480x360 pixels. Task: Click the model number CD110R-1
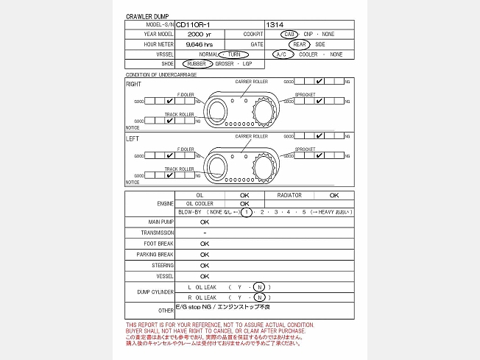[x=193, y=24]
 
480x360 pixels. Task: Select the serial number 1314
[x=275, y=24]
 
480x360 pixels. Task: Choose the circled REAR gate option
[x=300, y=44]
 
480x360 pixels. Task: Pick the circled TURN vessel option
[x=233, y=54]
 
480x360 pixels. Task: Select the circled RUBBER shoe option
[x=197, y=64]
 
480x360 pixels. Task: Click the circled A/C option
[x=283, y=54]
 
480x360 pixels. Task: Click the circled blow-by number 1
[x=248, y=212]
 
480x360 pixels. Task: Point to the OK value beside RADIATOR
[x=333, y=195]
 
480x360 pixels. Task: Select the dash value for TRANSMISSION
[x=204, y=233]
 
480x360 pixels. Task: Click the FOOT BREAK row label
[x=160, y=243]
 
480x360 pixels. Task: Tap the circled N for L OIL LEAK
[x=259, y=287]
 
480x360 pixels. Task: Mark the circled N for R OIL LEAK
[x=259, y=297]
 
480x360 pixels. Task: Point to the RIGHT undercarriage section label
[x=133, y=84]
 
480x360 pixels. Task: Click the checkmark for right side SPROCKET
[x=318, y=102]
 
